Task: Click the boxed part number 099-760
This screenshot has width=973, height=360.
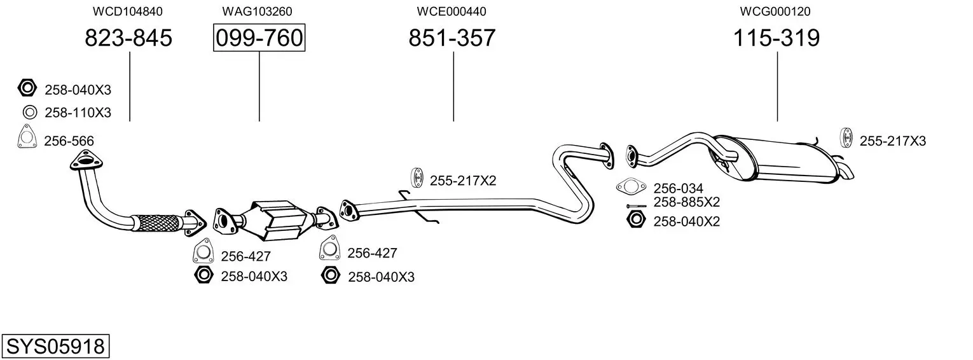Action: click(259, 38)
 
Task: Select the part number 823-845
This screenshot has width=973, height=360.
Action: click(128, 38)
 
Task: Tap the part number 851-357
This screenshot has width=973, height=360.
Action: click(452, 38)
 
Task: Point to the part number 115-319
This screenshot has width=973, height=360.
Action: click(776, 38)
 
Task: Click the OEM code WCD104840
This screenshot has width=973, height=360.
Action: click(127, 11)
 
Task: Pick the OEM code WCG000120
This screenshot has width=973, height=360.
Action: click(775, 11)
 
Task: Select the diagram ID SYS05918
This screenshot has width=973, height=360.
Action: click(55, 347)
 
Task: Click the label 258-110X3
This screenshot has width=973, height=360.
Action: click(78, 113)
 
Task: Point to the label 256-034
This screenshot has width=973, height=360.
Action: click(679, 188)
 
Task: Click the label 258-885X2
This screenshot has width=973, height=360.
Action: click(687, 202)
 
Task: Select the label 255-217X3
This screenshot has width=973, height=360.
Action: click(893, 141)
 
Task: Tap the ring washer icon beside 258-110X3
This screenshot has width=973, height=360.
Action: click(29, 113)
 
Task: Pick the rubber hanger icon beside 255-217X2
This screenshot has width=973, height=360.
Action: click(418, 178)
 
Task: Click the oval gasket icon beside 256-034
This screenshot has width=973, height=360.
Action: click(630, 187)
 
